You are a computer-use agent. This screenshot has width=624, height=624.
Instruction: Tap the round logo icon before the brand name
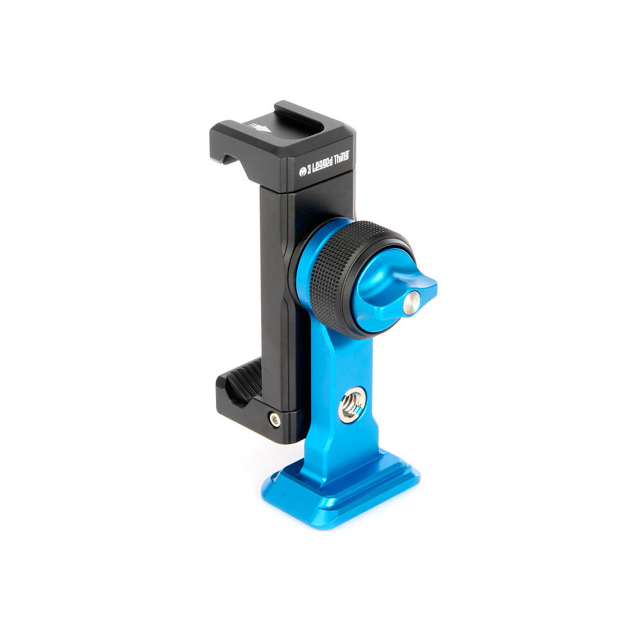[302, 172]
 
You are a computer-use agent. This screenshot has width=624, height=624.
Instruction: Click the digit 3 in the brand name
[309, 170]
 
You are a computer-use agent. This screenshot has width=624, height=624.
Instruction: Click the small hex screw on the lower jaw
[275, 419]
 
